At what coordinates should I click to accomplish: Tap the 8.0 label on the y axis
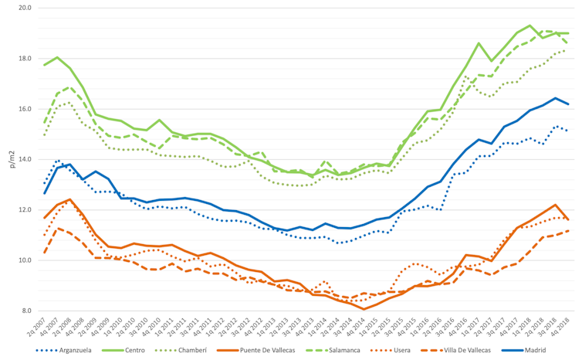click(25, 311)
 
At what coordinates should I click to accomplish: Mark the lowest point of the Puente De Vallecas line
click(364, 309)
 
